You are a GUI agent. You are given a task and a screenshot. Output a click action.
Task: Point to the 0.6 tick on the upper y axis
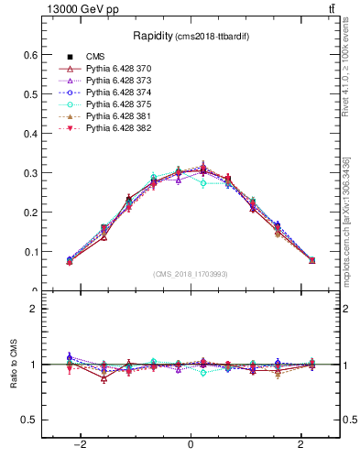click(x=31, y=55)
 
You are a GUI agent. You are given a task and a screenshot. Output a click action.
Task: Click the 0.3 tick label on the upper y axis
click(x=31, y=173)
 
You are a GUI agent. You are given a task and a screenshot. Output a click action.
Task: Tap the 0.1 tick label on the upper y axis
click(x=31, y=252)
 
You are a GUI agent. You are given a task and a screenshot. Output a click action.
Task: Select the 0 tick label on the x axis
click(x=190, y=444)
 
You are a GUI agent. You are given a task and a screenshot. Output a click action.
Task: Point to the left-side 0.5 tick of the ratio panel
click(x=31, y=420)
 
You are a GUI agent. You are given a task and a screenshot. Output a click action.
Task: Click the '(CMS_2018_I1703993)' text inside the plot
click(x=190, y=273)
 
